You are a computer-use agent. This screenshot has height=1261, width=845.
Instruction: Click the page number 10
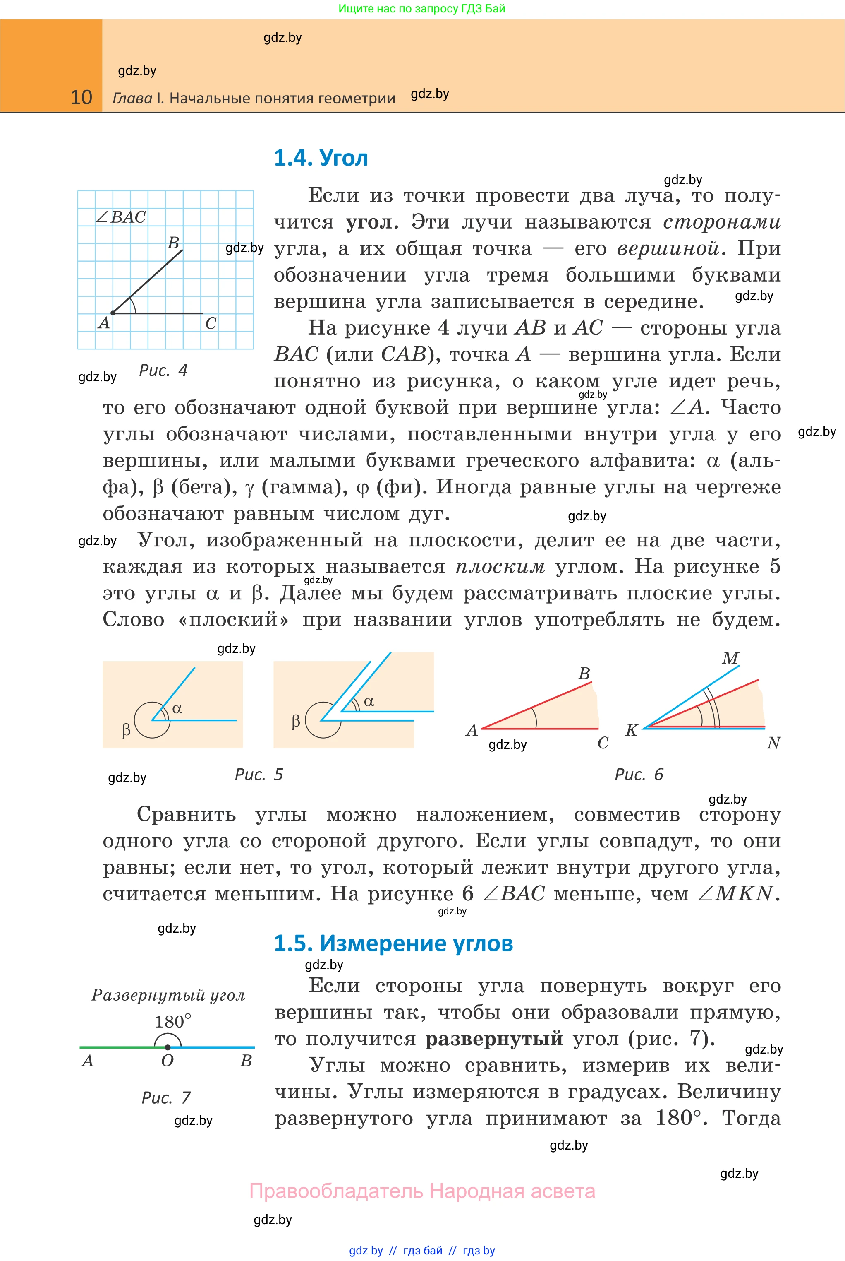point(81,98)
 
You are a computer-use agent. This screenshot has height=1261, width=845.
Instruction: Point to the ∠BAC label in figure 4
point(121,217)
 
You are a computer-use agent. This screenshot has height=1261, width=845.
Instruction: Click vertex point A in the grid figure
point(113,313)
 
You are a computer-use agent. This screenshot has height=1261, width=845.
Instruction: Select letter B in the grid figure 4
point(173,243)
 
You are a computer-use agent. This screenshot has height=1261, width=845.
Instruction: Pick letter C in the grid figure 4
point(211,324)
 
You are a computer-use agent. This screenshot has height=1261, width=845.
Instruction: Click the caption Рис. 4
point(163,371)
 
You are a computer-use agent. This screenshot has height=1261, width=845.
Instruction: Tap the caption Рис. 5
point(259,775)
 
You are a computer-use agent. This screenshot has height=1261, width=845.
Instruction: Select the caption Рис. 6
point(639,775)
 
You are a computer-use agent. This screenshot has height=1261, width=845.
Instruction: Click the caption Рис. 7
point(166,1097)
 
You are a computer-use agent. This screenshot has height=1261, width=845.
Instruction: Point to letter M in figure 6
point(730,658)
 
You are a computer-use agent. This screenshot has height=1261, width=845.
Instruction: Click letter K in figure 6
point(632,730)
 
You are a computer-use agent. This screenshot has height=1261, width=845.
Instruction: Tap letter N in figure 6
point(773,743)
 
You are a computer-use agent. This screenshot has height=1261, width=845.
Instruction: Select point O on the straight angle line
point(168,1047)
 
